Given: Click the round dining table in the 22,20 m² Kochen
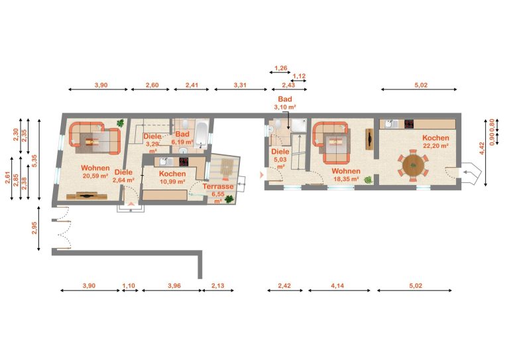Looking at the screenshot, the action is point(414,166).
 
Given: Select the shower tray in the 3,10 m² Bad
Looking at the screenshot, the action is point(298,125).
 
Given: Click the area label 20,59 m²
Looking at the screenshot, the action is point(95,176).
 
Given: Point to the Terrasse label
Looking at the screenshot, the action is point(218,186).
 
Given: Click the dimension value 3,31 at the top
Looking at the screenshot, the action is point(240,86).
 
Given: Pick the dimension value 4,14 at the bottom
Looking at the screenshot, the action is point(337,286).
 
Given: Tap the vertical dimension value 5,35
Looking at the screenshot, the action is point(34,160).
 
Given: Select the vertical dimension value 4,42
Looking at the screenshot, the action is point(482,149).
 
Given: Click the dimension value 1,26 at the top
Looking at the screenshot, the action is point(281,68).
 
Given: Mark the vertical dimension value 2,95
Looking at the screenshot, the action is point(34,228).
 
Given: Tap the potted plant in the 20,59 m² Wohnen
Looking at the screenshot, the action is point(121,123).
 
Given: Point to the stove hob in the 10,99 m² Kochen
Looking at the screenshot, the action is point(184,162).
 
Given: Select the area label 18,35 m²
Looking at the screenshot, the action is point(347,178).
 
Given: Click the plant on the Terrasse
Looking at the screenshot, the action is point(229,199).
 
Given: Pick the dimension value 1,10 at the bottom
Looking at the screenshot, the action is point(129,286).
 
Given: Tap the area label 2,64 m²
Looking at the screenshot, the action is point(124,180).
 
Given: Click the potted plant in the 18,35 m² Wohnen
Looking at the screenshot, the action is point(368,180).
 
